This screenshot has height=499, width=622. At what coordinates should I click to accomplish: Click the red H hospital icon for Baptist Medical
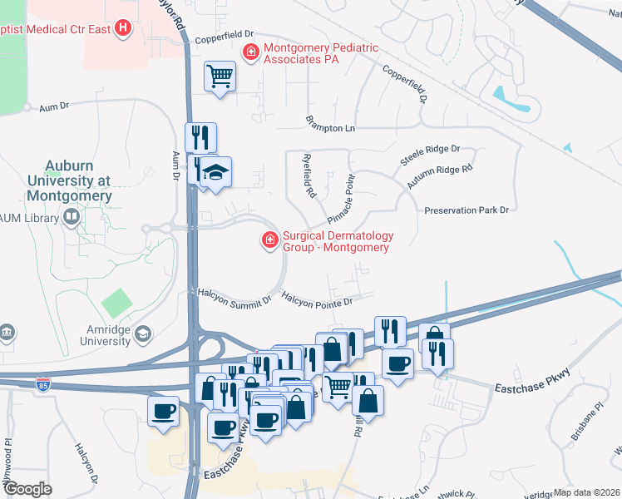(124, 29)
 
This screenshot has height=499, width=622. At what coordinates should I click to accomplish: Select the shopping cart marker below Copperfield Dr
(220, 77)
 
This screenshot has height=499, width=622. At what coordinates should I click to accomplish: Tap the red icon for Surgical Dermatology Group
(269, 241)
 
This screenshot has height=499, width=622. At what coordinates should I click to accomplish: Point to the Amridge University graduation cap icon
(142, 334)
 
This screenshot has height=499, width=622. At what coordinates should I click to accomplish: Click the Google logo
(28, 488)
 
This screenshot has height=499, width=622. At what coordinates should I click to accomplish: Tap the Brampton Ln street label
(330, 129)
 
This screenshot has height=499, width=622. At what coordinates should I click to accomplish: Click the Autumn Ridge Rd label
(440, 175)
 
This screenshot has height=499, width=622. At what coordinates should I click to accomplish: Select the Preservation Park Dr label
(466, 210)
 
